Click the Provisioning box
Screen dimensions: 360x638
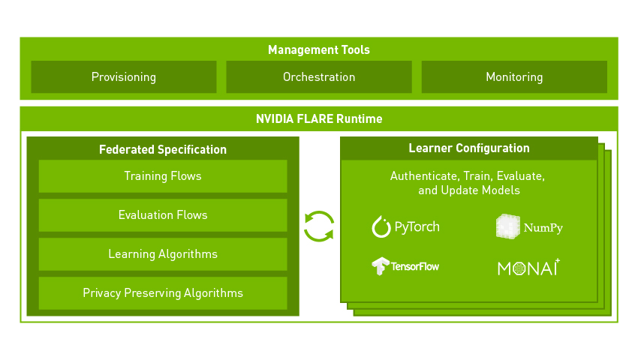point(124,77)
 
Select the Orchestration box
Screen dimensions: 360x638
point(319,77)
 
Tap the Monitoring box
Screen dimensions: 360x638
point(514,77)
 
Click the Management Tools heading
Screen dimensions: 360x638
point(319,50)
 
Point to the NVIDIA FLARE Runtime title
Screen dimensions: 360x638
point(319,118)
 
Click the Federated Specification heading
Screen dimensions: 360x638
point(163,149)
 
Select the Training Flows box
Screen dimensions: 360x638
point(163,176)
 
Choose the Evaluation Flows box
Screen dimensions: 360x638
point(163,215)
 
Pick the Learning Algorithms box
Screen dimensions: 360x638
point(163,254)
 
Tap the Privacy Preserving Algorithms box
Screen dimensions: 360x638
point(163,293)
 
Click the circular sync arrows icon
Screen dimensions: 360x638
point(319,226)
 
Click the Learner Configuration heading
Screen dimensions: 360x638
point(469,148)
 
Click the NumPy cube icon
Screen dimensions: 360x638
point(507,226)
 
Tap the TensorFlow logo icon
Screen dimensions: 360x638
point(381,266)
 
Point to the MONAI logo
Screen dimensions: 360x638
point(528,268)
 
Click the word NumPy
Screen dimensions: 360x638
point(543,227)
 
